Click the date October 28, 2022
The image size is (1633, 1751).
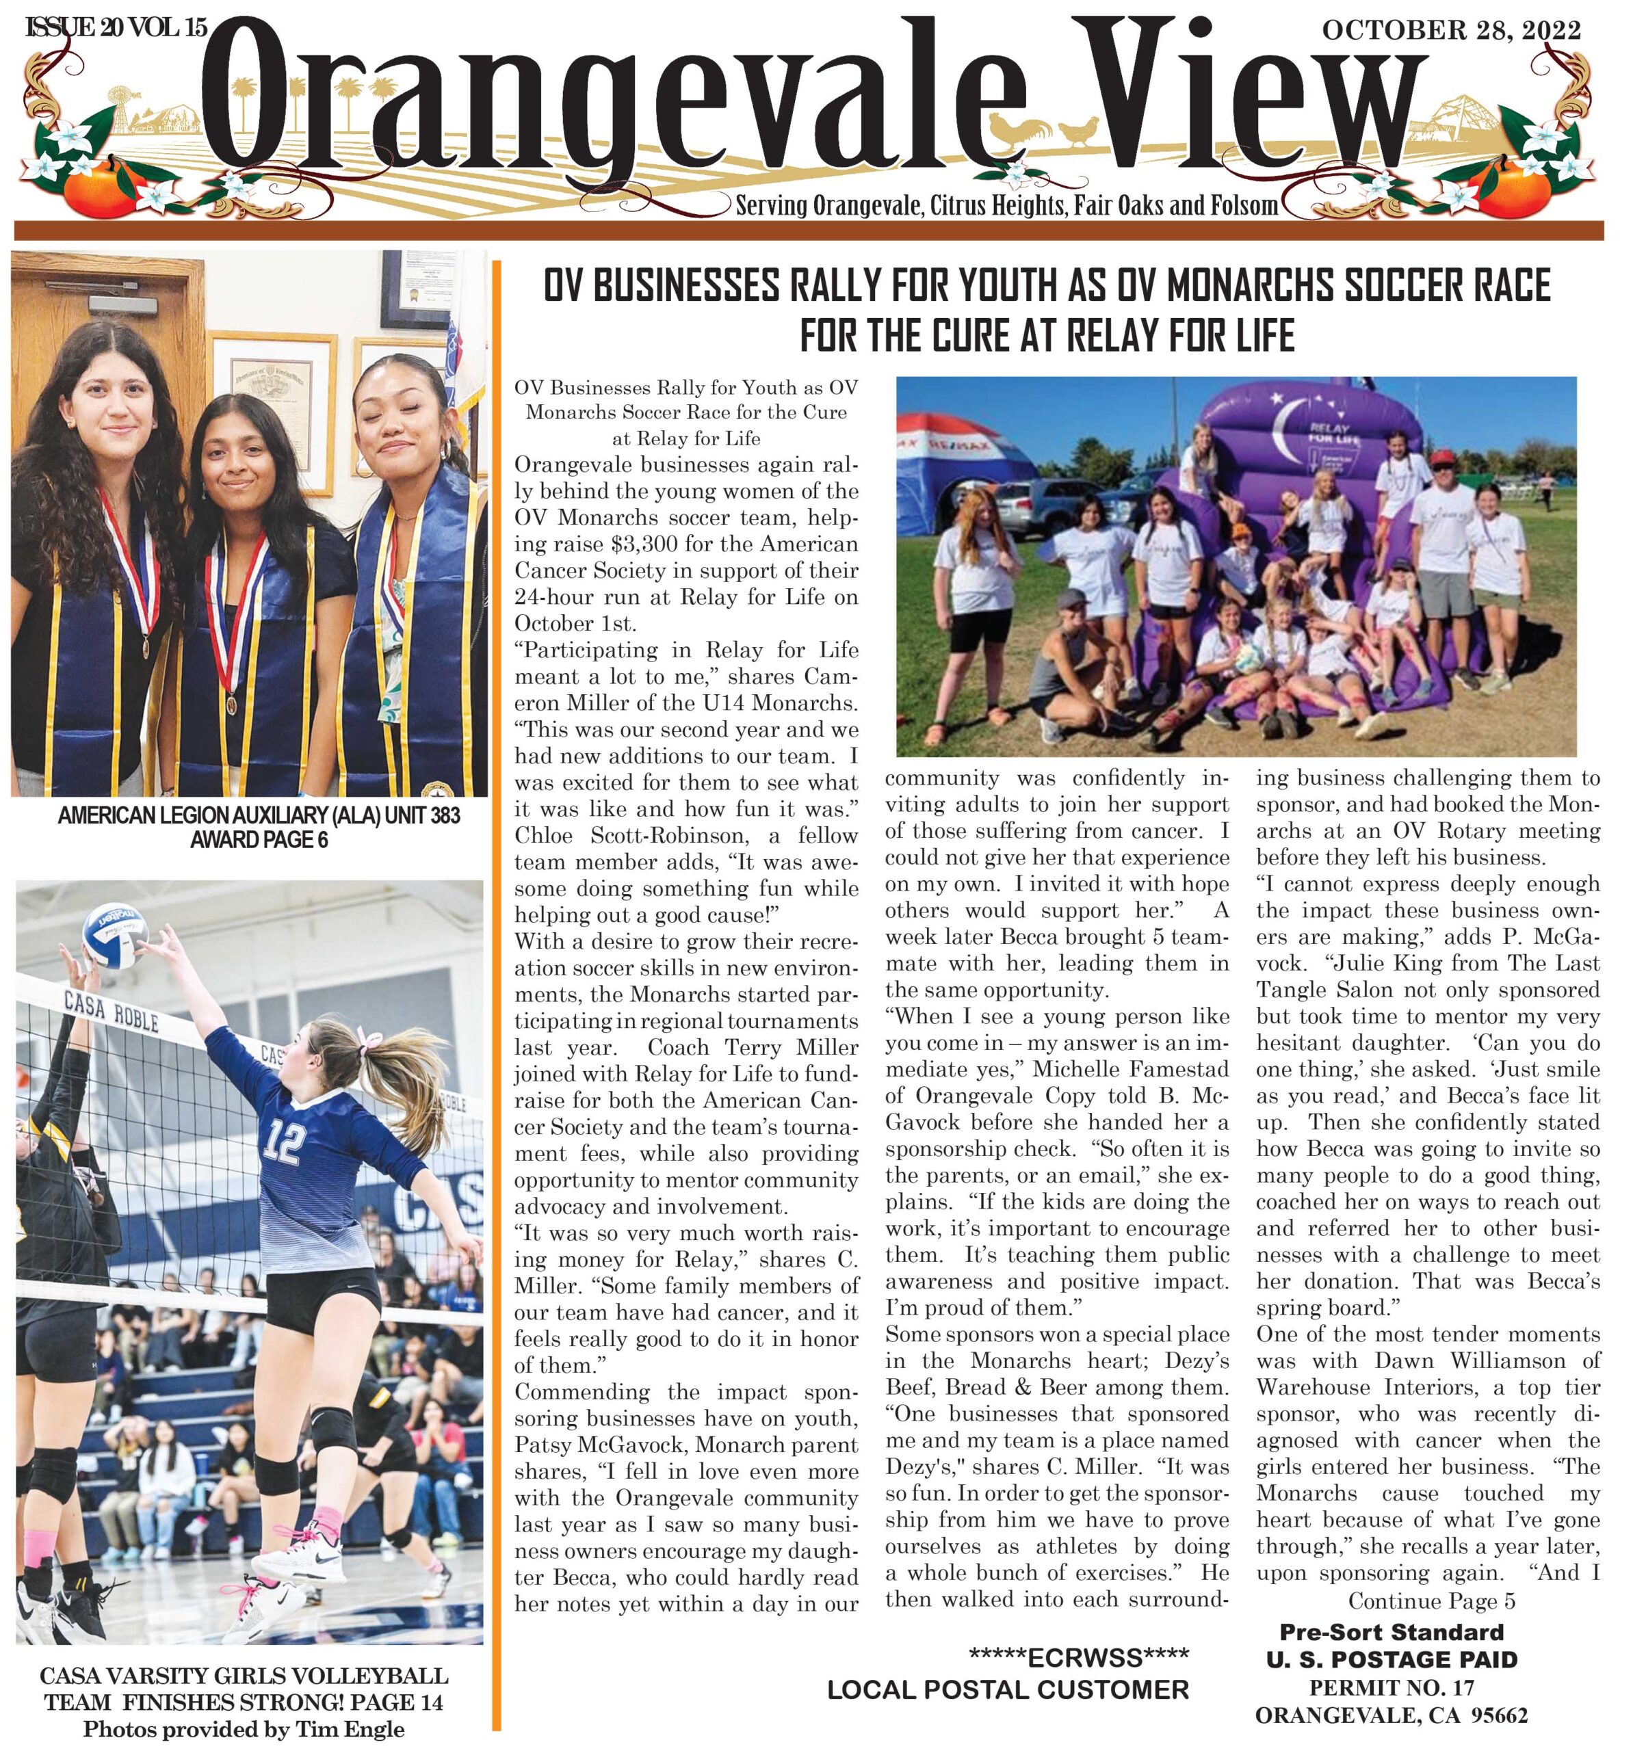pyautogui.click(x=1450, y=31)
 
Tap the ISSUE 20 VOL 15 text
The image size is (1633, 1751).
pyautogui.click(x=116, y=27)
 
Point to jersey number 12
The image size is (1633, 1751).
pyautogui.click(x=284, y=1142)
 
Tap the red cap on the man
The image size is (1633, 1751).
pyautogui.click(x=1442, y=458)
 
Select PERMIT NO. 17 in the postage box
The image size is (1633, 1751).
pyautogui.click(x=1391, y=1687)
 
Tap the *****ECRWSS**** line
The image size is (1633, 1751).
pyautogui.click(x=1078, y=1657)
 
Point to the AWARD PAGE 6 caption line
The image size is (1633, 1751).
pyautogui.click(x=259, y=839)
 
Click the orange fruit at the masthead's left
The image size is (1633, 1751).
pyautogui.click(x=92, y=186)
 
